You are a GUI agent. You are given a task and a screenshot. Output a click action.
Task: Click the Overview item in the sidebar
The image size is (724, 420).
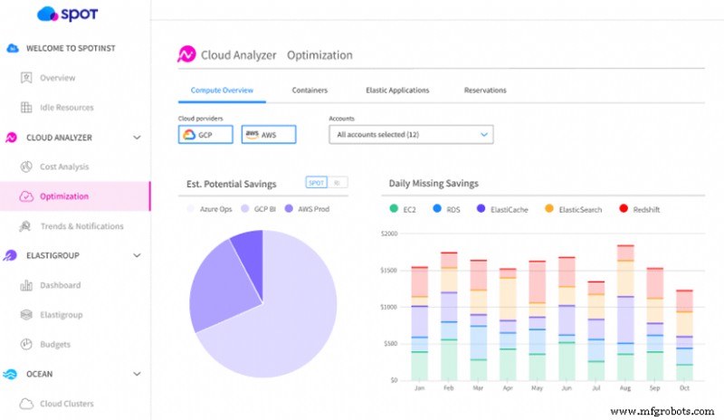(57, 78)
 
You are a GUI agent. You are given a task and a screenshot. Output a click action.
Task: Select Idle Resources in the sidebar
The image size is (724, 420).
(66, 108)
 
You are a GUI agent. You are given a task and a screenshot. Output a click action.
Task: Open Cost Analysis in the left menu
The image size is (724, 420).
(64, 167)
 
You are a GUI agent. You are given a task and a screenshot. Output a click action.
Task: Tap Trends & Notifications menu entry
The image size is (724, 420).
(81, 226)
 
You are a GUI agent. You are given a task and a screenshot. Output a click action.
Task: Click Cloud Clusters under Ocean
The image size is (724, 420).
(66, 404)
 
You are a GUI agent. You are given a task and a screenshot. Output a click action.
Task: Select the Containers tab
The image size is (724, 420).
(310, 91)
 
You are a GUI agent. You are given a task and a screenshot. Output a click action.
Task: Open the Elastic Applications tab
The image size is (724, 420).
(397, 91)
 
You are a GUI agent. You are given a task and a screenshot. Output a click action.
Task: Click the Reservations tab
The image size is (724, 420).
(485, 91)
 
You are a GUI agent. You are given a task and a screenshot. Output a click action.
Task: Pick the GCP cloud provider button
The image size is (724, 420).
(205, 135)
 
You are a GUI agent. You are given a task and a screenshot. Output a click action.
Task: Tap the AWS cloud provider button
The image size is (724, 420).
(269, 135)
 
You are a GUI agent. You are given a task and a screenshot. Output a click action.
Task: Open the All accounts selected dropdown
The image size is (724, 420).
(411, 135)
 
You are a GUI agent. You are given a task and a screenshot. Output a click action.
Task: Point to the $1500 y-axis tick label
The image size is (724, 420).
(387, 271)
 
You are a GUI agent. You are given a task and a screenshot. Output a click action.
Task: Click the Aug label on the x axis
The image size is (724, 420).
(624, 387)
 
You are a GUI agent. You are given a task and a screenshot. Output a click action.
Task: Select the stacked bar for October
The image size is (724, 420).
(685, 334)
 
